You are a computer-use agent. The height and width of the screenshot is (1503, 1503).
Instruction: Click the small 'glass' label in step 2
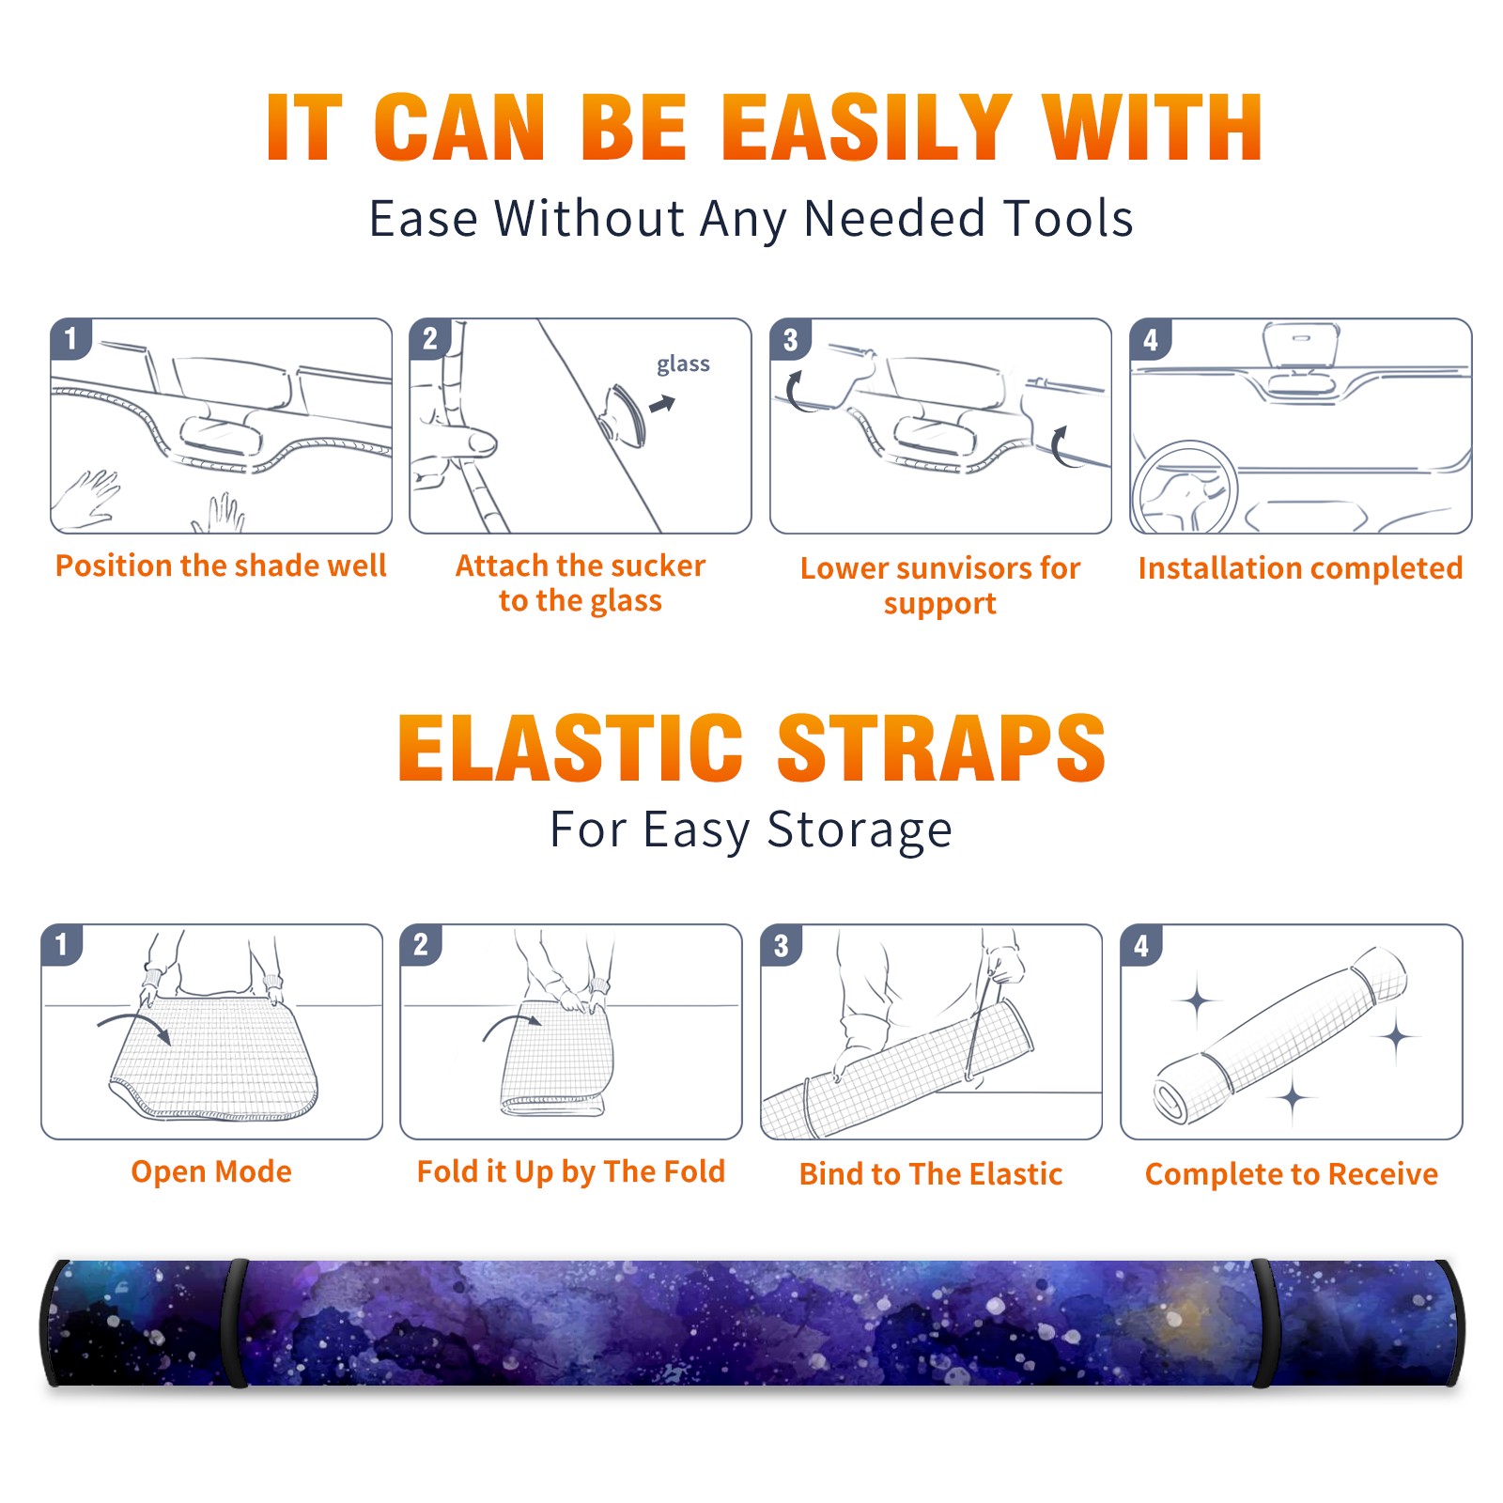pyautogui.click(x=683, y=364)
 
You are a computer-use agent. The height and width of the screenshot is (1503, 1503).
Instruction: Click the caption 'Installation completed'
pyautogui.click(x=1300, y=568)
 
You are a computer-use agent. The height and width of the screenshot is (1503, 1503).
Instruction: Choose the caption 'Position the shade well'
pyautogui.click(x=221, y=566)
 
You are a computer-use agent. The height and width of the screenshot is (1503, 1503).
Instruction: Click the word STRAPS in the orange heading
pyautogui.click(x=941, y=748)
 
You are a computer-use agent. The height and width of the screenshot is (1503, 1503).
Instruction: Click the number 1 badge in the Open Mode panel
pyautogui.click(x=62, y=945)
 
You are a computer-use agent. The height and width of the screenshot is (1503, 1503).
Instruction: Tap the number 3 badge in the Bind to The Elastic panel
pyautogui.click(x=782, y=945)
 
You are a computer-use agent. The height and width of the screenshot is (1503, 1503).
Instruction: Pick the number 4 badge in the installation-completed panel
pyautogui.click(x=1151, y=339)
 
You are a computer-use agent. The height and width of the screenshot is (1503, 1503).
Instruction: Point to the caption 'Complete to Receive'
pyautogui.click(x=1291, y=1174)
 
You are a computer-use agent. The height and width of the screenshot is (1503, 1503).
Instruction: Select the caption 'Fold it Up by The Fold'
pyautogui.click(x=571, y=1172)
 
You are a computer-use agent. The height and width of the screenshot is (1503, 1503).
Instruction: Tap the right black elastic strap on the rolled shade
pyautogui.click(x=1263, y=1323)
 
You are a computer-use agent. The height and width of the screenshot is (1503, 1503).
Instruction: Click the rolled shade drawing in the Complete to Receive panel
pyautogui.click(x=1280, y=1035)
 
